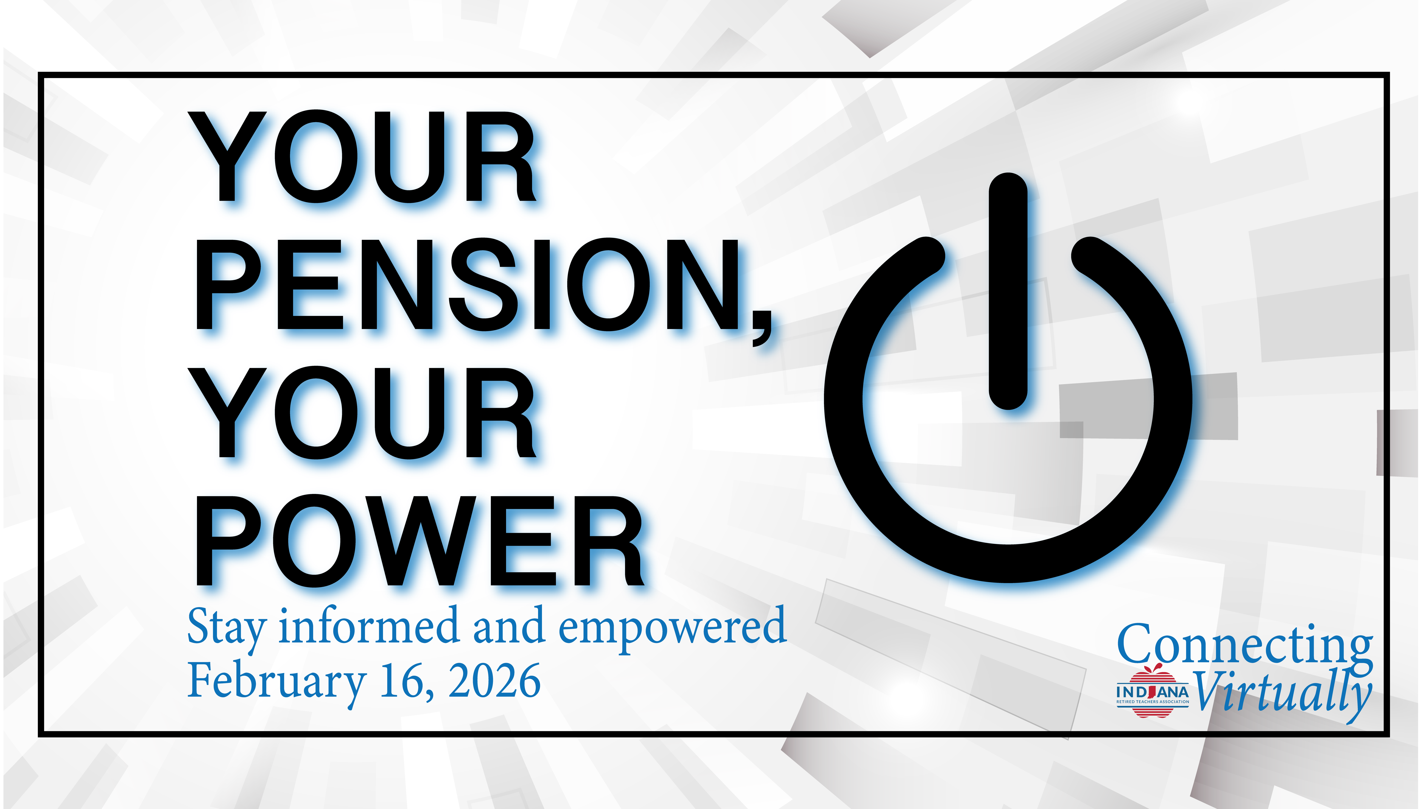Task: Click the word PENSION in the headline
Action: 467,284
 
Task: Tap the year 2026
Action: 495,681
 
